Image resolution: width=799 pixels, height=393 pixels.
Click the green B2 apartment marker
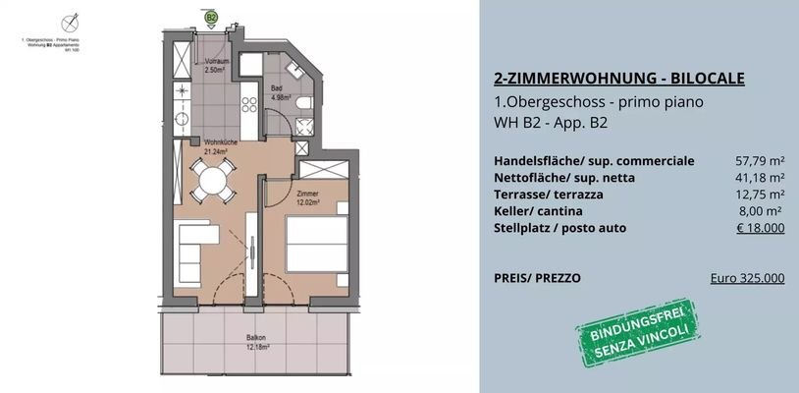click(211, 17)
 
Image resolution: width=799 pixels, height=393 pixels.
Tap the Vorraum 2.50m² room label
click(216, 67)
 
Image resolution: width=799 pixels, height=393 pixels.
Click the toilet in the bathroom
click(304, 104)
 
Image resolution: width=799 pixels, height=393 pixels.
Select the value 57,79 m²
click(760, 161)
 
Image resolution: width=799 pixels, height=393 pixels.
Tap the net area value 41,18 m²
click(760, 178)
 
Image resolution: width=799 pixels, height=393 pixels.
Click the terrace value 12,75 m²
click(760, 195)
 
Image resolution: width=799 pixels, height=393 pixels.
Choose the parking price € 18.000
click(760, 228)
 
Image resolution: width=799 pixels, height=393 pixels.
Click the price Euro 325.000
click(747, 278)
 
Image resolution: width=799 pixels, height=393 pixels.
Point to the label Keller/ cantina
click(538, 211)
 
